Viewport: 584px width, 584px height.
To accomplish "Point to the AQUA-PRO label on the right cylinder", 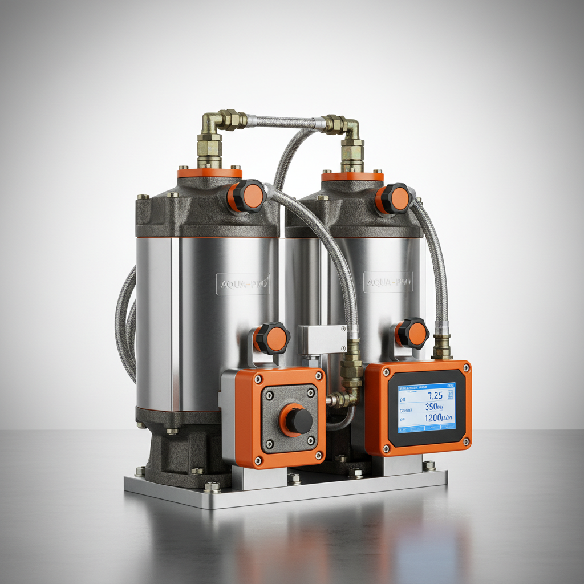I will [388, 282].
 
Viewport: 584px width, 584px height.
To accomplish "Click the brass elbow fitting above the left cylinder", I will [212, 123].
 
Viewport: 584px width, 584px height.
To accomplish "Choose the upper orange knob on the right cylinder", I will [395, 199].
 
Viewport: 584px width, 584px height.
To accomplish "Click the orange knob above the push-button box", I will [272, 338].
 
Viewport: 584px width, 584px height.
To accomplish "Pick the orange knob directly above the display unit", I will [413, 334].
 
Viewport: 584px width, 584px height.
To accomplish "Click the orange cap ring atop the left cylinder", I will [209, 173].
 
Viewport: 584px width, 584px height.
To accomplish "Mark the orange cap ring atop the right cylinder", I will [352, 177].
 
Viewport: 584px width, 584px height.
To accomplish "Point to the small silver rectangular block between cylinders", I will [322, 339].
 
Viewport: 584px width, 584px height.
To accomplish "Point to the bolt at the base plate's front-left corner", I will [212, 487].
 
